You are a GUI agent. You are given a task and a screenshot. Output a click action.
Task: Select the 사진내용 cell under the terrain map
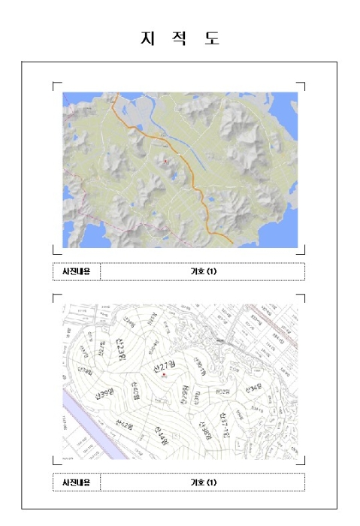pos(76,271)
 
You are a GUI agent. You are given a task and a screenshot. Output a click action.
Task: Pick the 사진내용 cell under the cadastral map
pos(76,482)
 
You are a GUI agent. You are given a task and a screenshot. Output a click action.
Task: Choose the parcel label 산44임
pos(161,434)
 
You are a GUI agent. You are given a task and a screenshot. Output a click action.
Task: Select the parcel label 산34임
pos(253,388)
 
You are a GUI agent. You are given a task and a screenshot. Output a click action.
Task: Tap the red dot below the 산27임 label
pos(163,375)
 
